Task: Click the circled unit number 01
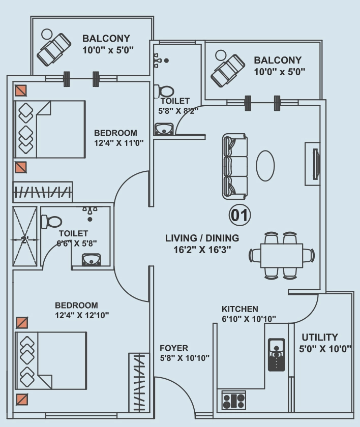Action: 239,215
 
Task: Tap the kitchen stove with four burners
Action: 234,400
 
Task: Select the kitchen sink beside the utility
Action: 277,355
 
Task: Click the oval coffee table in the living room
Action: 265,166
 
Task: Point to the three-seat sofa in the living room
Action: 235,166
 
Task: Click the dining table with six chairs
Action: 282,255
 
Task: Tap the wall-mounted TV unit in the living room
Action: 313,164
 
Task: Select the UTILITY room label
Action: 320,337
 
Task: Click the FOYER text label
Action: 174,348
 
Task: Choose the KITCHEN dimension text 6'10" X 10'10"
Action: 249,319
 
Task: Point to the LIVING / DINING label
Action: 202,238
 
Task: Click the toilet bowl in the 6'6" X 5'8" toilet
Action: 51,222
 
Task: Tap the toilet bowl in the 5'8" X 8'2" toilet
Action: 164,91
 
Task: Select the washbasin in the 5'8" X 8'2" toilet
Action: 164,129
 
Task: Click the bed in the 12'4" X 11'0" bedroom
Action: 50,129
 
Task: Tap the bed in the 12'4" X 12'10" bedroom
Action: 51,360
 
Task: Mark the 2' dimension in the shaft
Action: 24,240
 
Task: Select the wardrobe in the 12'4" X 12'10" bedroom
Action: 139,382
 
